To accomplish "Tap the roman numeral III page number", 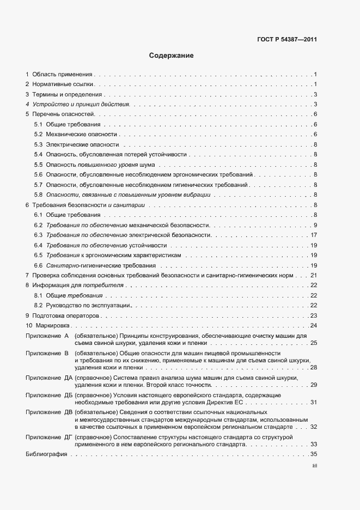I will point(314,466).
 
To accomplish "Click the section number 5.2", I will point(38,134).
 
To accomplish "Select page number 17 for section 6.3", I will point(314,235).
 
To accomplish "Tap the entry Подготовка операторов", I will point(66,316).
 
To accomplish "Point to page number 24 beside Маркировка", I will point(314,326).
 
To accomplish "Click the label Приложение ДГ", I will point(45,438).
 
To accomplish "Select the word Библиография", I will point(42,454).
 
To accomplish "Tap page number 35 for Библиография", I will point(314,454).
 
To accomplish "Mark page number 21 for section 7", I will point(314,276).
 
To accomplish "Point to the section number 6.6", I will point(38,265).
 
